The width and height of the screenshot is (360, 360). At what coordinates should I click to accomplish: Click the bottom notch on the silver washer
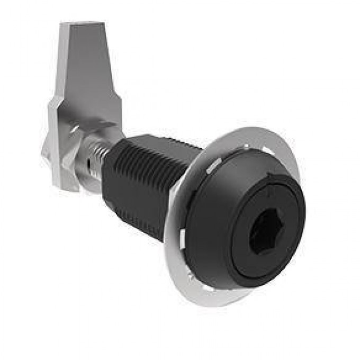click(212, 289)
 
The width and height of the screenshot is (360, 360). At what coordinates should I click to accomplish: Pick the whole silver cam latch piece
click(79, 106)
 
